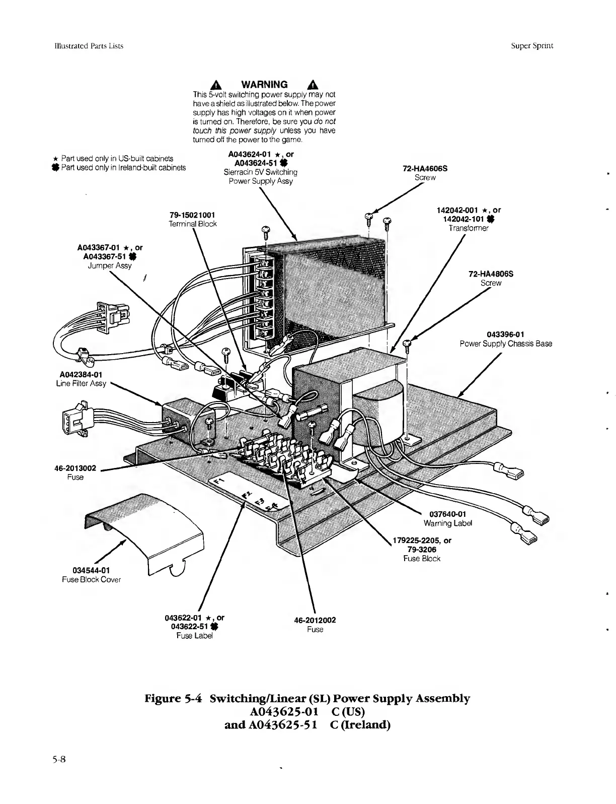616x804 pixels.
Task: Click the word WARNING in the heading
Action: tap(265, 84)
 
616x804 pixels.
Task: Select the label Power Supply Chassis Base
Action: tap(505, 344)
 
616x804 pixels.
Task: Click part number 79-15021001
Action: tap(192, 215)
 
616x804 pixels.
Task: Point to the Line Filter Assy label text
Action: tap(81, 383)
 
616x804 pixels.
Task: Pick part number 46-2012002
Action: tap(315, 620)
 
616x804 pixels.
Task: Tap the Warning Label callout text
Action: tap(448, 523)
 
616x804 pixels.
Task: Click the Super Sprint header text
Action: tap(532, 45)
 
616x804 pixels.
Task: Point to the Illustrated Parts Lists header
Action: tap(89, 45)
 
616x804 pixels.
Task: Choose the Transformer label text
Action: tap(468, 228)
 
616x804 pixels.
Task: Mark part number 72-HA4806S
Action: tap(491, 274)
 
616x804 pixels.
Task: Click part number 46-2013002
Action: tap(75, 468)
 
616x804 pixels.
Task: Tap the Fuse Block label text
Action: tap(422, 558)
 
